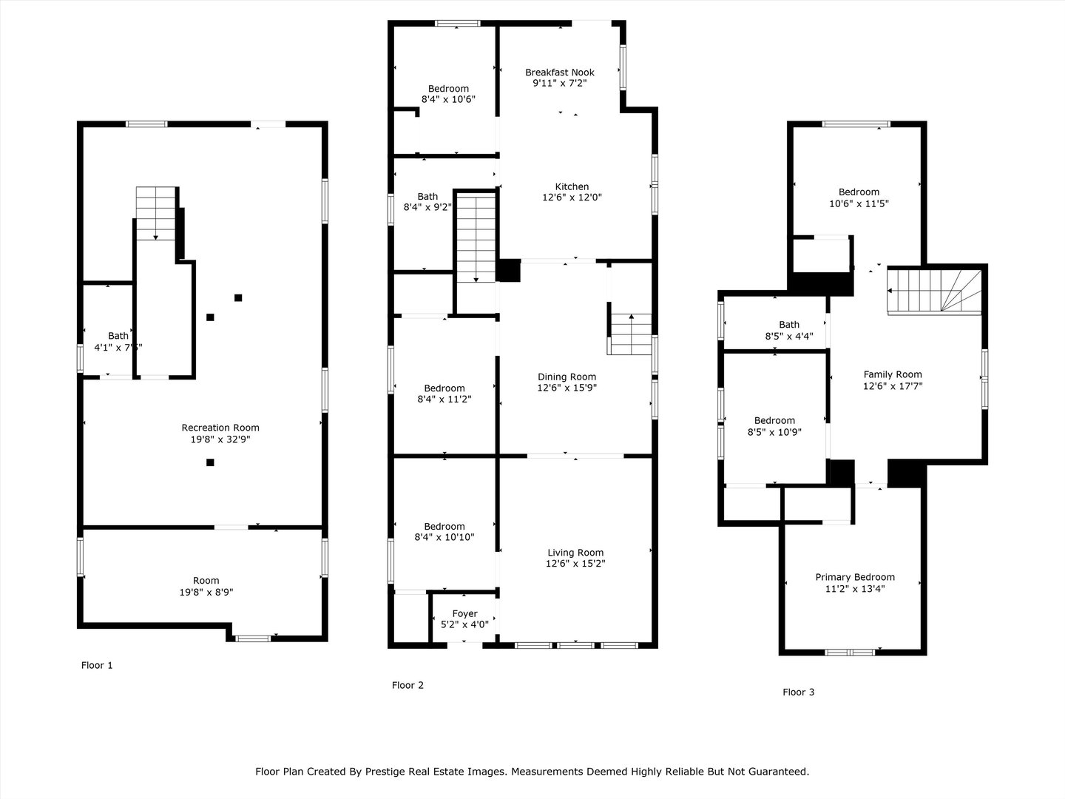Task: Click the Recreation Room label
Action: pos(220,428)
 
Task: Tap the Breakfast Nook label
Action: pos(560,73)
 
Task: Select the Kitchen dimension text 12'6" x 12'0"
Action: pos(572,198)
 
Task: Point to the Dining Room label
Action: pos(567,377)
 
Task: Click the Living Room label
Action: pos(575,553)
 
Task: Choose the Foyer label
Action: pos(464,613)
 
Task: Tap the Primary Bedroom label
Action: pos(855,577)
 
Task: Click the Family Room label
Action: pos(893,374)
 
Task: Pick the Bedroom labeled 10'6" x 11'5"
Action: pos(859,192)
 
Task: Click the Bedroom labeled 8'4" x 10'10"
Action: pos(444,527)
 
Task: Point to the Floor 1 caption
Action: pos(97,665)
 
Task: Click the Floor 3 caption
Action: pos(799,692)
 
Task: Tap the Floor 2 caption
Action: pos(408,685)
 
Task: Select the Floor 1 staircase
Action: pos(156,213)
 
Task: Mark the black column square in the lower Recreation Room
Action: pos(210,462)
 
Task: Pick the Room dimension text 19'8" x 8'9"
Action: pos(206,592)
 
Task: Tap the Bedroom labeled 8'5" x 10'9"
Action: pos(774,420)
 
